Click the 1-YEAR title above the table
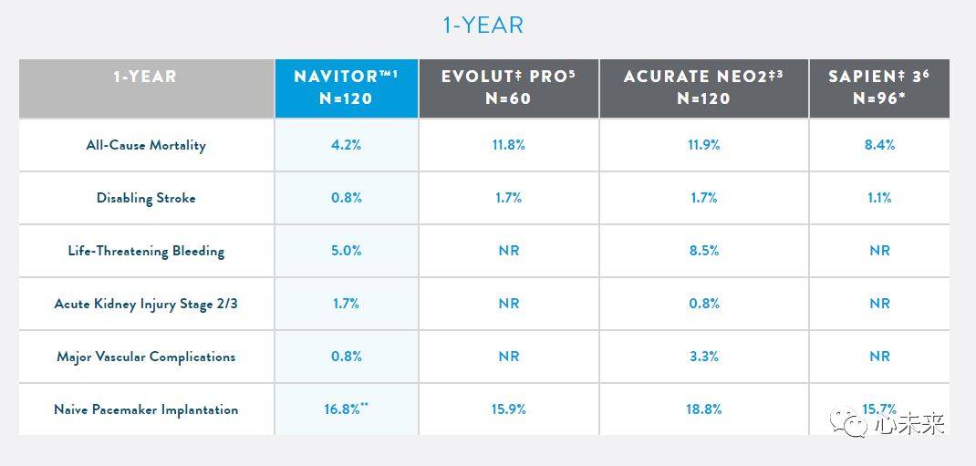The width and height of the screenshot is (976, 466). pyautogui.click(x=483, y=25)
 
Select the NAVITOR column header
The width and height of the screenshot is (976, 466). pyautogui.click(x=347, y=88)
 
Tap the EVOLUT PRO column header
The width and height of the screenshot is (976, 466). pyautogui.click(x=508, y=88)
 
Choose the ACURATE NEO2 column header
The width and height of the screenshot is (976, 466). pyautogui.click(x=703, y=88)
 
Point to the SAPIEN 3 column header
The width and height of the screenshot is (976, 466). pyautogui.click(x=878, y=88)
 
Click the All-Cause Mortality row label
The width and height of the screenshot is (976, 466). pyautogui.click(x=146, y=145)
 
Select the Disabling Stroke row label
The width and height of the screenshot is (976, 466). pyautogui.click(x=146, y=198)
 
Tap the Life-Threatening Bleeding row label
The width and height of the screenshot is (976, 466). pyautogui.click(x=146, y=251)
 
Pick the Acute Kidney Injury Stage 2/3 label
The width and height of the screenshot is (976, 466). pyautogui.click(x=146, y=304)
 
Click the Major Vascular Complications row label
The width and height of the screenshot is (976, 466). pyautogui.click(x=146, y=357)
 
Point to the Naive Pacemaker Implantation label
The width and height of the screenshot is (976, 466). pyautogui.click(x=146, y=409)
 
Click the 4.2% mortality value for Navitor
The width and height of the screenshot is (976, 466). pyautogui.click(x=347, y=145)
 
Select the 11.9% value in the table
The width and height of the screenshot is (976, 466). pyautogui.click(x=703, y=145)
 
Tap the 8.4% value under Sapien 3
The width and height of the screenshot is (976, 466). pyautogui.click(x=879, y=145)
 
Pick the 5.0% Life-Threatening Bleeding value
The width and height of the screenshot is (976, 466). pyautogui.click(x=347, y=251)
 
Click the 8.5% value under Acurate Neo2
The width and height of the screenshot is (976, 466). pyautogui.click(x=703, y=251)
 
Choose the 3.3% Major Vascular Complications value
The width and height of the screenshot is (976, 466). pyautogui.click(x=703, y=357)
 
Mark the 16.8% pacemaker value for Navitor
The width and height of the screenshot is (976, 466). pyautogui.click(x=344, y=409)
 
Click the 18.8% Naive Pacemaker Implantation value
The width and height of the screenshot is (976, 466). pyautogui.click(x=703, y=409)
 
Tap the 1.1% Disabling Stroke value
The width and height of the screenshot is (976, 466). pyautogui.click(x=879, y=198)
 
